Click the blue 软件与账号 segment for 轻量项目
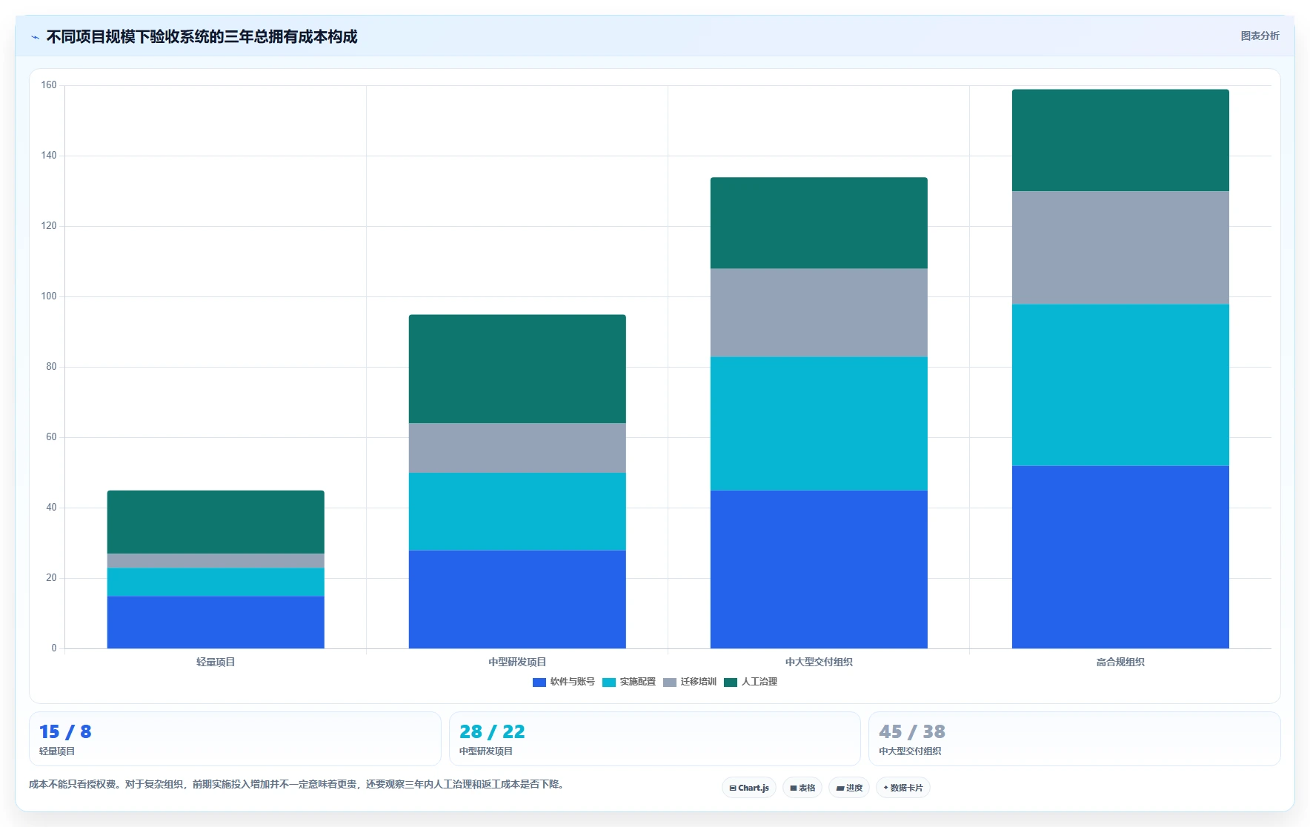[216, 622]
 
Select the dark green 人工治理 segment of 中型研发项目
[517, 369]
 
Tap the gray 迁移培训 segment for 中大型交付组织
[819, 313]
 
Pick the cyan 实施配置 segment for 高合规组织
[1120, 385]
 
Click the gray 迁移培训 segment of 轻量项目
[216, 561]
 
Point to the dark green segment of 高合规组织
[1120, 141]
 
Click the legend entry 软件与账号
[564, 682]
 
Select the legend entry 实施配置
[629, 682]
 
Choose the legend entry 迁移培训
[690, 682]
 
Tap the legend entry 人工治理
[751, 682]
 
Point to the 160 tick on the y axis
[49, 85]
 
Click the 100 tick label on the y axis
[49, 296]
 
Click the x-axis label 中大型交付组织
[819, 662]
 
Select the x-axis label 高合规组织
[1120, 662]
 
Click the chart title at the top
[202, 36]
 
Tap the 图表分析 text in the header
[1260, 36]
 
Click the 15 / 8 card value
[65, 731]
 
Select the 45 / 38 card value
[912, 731]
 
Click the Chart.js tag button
[749, 788]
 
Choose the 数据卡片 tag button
[902, 788]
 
